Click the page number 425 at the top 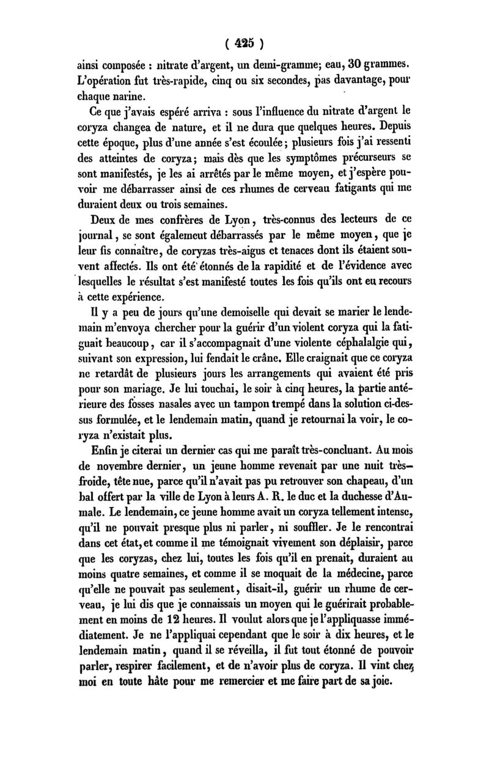click(244, 45)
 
